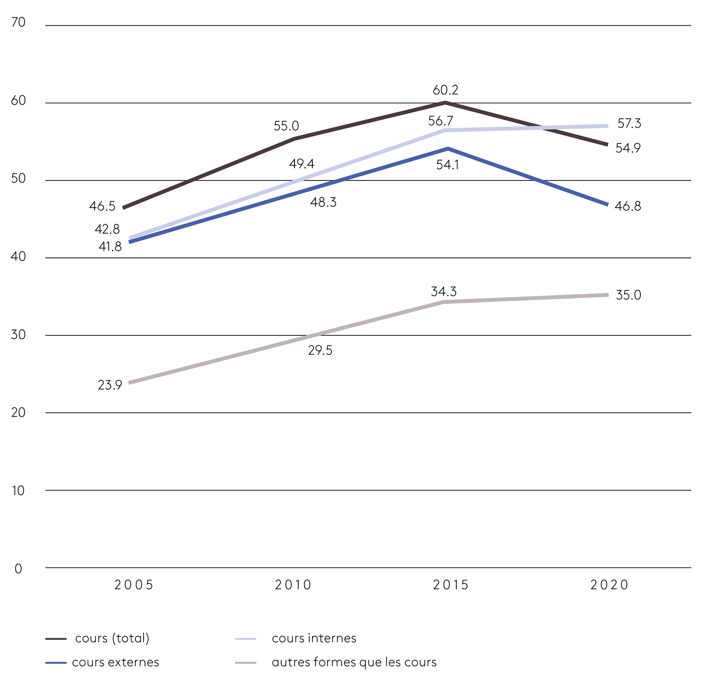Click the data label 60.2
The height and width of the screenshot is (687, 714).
(x=445, y=90)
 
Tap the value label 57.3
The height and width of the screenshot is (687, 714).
(x=629, y=124)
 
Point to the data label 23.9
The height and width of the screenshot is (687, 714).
(x=110, y=385)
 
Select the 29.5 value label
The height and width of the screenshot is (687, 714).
(x=320, y=351)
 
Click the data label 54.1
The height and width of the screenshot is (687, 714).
(x=447, y=165)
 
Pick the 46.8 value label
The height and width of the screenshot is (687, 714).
(x=628, y=207)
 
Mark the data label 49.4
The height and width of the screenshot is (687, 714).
(x=302, y=164)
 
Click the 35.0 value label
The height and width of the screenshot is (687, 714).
(x=628, y=295)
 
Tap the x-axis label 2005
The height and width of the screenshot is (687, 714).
(x=134, y=585)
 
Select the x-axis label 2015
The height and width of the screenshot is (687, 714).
(x=451, y=585)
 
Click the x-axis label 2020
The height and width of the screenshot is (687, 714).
(x=609, y=585)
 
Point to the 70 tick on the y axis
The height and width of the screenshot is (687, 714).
(x=18, y=22)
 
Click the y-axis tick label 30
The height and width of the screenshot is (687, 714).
(x=18, y=335)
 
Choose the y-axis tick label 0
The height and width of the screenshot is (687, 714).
(x=18, y=569)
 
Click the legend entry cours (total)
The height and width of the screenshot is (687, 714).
(x=112, y=638)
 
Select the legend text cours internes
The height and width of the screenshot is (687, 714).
(x=314, y=638)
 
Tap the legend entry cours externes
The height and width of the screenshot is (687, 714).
(x=115, y=662)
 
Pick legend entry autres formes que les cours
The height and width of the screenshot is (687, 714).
(x=354, y=662)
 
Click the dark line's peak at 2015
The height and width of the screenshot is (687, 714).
(x=446, y=103)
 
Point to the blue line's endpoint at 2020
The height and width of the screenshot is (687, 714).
(x=608, y=205)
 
